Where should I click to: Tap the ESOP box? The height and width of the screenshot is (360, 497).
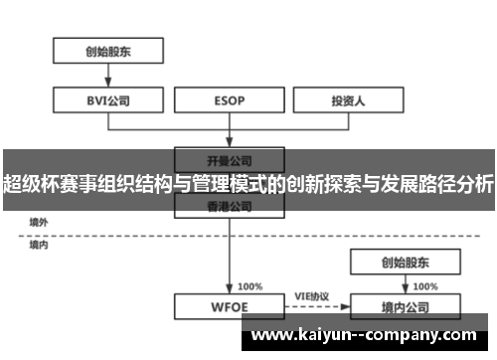pyautogui.click(x=230, y=99)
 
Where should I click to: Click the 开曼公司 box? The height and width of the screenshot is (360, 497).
pyautogui.click(x=230, y=158)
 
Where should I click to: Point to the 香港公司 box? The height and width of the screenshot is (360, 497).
pyautogui.click(x=230, y=206)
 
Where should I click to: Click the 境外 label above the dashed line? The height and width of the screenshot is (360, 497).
pyautogui.click(x=38, y=222)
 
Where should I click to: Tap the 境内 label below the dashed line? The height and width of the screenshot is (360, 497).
pyautogui.click(x=38, y=244)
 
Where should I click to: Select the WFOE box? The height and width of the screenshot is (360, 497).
pyautogui.click(x=230, y=306)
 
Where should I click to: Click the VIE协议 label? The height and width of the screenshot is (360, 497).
pyautogui.click(x=311, y=295)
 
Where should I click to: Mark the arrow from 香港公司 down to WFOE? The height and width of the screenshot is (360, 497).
pyautogui.click(x=230, y=254)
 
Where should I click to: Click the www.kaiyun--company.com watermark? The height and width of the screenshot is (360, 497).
pyautogui.click(x=363, y=335)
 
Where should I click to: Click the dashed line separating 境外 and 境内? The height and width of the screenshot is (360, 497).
pyautogui.click(x=129, y=235)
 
